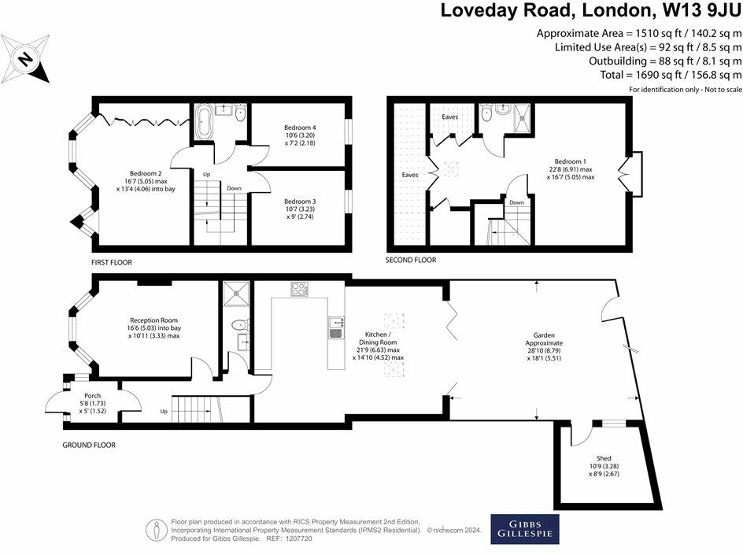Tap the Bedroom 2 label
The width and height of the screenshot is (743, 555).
coord(146,181)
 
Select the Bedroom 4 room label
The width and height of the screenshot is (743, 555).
coord(300,135)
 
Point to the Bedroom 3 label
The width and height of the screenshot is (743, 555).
coord(300,209)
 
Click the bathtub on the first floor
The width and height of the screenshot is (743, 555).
coord(204,122)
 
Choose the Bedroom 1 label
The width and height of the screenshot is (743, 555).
coord(570,169)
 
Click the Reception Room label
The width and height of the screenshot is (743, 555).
coord(154,328)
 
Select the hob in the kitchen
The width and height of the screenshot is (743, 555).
coord(299,289)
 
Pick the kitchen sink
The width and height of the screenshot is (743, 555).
coord(336,328)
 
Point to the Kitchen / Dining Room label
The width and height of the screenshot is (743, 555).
coord(378,346)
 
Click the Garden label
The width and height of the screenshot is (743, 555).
coord(544,346)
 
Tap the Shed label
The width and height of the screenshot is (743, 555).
coord(604,466)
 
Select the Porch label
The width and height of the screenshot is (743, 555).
coord(92,403)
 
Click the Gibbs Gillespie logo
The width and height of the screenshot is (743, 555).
coord(524,529)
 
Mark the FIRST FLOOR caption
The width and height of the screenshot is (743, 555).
coord(111,262)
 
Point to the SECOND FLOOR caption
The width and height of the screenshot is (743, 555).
coord(410,260)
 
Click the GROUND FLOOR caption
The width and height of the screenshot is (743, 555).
coord(89,445)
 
